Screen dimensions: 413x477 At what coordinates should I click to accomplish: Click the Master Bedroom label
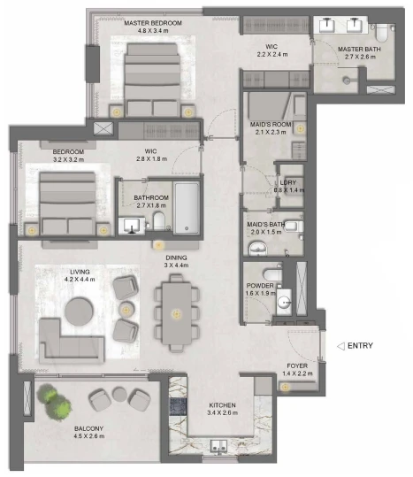(153, 23)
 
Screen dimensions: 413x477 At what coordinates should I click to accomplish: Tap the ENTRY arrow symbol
(341, 346)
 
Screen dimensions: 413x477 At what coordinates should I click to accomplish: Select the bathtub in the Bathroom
(187, 208)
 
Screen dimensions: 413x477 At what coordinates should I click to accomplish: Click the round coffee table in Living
(79, 312)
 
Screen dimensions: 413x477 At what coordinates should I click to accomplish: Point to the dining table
(177, 313)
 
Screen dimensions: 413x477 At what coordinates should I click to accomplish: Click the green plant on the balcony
(54, 402)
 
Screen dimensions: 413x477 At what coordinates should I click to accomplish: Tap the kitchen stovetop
(178, 407)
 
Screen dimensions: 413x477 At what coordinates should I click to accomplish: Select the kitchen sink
(218, 446)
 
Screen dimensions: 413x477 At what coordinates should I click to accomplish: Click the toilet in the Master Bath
(381, 33)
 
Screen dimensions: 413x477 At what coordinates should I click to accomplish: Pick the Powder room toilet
(272, 274)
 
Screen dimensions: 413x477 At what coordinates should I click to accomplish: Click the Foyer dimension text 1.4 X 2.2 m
(297, 373)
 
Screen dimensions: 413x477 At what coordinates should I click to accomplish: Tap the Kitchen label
(222, 405)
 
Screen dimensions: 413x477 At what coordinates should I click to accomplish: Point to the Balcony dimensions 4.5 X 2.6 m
(89, 436)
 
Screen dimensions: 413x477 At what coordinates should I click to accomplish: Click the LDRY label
(287, 182)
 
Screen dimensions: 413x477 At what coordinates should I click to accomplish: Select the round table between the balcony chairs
(119, 394)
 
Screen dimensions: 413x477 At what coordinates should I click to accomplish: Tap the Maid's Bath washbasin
(257, 248)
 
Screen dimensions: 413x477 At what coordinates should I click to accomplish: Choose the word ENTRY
(360, 346)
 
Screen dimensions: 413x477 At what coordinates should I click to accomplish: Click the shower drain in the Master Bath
(347, 81)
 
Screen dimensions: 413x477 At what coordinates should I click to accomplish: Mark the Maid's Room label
(271, 125)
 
